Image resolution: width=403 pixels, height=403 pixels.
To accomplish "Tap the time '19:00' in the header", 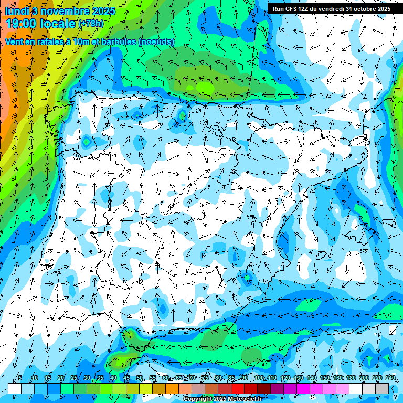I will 25,24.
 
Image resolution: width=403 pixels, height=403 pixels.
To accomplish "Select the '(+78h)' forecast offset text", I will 91,24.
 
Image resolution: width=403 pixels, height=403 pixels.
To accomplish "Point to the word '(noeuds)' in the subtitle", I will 156,41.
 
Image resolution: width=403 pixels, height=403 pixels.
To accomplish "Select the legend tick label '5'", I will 20,378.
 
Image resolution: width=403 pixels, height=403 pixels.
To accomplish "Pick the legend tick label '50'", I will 140,378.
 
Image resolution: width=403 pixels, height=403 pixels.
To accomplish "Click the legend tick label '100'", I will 259,378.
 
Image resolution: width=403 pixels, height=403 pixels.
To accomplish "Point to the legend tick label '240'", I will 390,378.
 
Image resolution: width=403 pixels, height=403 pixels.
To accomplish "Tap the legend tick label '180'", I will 351,378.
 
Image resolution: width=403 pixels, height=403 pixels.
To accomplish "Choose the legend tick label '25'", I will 73,378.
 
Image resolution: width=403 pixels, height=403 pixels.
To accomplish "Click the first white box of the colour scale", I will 14,388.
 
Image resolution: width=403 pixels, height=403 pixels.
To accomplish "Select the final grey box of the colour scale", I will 382,388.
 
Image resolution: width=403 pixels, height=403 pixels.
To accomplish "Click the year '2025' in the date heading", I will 104,10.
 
